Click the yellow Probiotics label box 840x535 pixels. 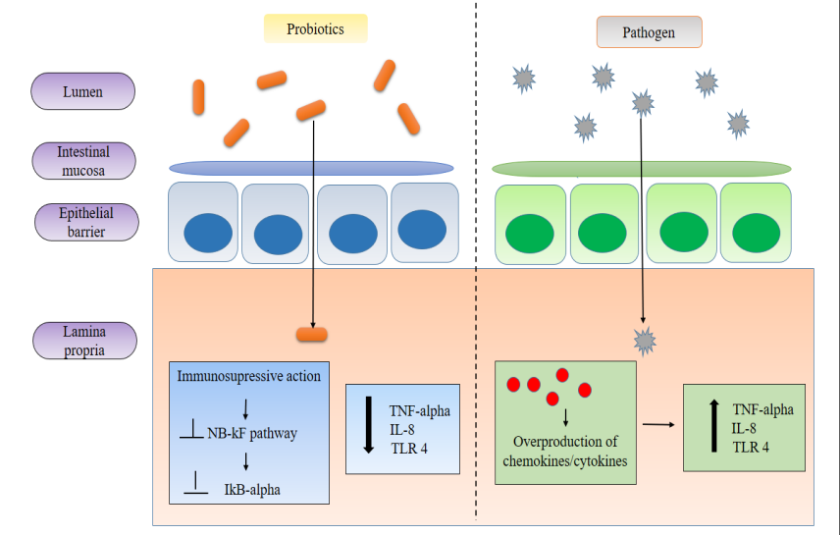pos(315,29)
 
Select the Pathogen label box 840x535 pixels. pos(649,32)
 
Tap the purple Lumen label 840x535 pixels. pos(83,92)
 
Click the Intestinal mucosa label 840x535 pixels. pos(83,161)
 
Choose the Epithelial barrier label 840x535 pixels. pos(85,222)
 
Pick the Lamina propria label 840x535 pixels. pos(83,339)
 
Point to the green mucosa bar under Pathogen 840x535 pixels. pos(642,169)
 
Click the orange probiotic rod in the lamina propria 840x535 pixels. pos(312,335)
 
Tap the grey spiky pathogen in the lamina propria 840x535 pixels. pos(645,341)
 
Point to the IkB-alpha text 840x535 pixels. pos(252,488)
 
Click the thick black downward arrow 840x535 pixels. pos(368,424)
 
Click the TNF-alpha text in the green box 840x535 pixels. pos(762,409)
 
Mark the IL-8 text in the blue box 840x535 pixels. pos(402,430)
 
